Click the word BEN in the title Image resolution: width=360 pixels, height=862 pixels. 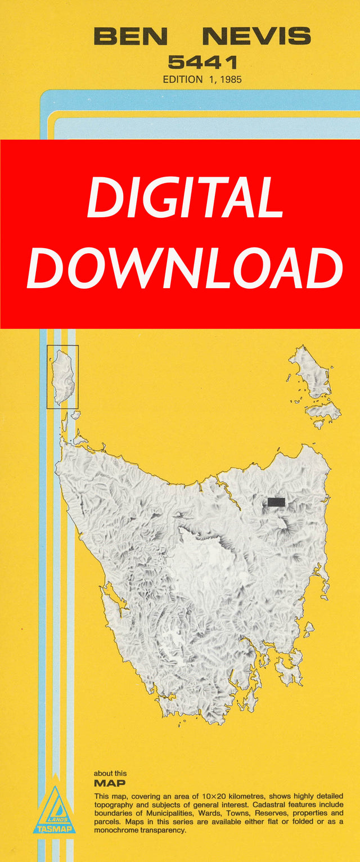[130, 37]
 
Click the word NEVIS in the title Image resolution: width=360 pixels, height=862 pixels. [256, 37]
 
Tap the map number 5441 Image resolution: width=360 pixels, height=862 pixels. [202, 62]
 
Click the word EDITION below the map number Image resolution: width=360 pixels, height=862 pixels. [183, 79]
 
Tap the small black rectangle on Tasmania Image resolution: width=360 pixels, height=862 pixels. [276, 501]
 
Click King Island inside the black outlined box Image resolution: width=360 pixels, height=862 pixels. [63, 376]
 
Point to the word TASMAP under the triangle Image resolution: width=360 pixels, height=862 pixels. [54, 829]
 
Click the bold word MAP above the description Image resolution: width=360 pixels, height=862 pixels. [110, 783]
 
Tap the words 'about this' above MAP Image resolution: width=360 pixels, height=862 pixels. [110, 774]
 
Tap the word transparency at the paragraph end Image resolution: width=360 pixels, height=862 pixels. [168, 830]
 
